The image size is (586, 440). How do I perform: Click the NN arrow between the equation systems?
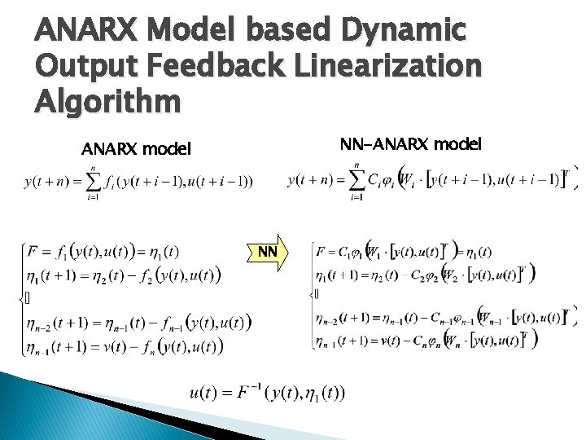point(267,252)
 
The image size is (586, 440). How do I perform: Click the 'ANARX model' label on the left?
point(136,149)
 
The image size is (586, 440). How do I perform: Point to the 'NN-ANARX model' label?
point(410,144)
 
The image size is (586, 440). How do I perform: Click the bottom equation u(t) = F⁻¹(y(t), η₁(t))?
point(267,393)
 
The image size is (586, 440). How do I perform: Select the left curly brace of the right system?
point(312,293)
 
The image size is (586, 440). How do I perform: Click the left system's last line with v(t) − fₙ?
point(124,346)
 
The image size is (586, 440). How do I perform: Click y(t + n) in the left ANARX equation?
point(46,182)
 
